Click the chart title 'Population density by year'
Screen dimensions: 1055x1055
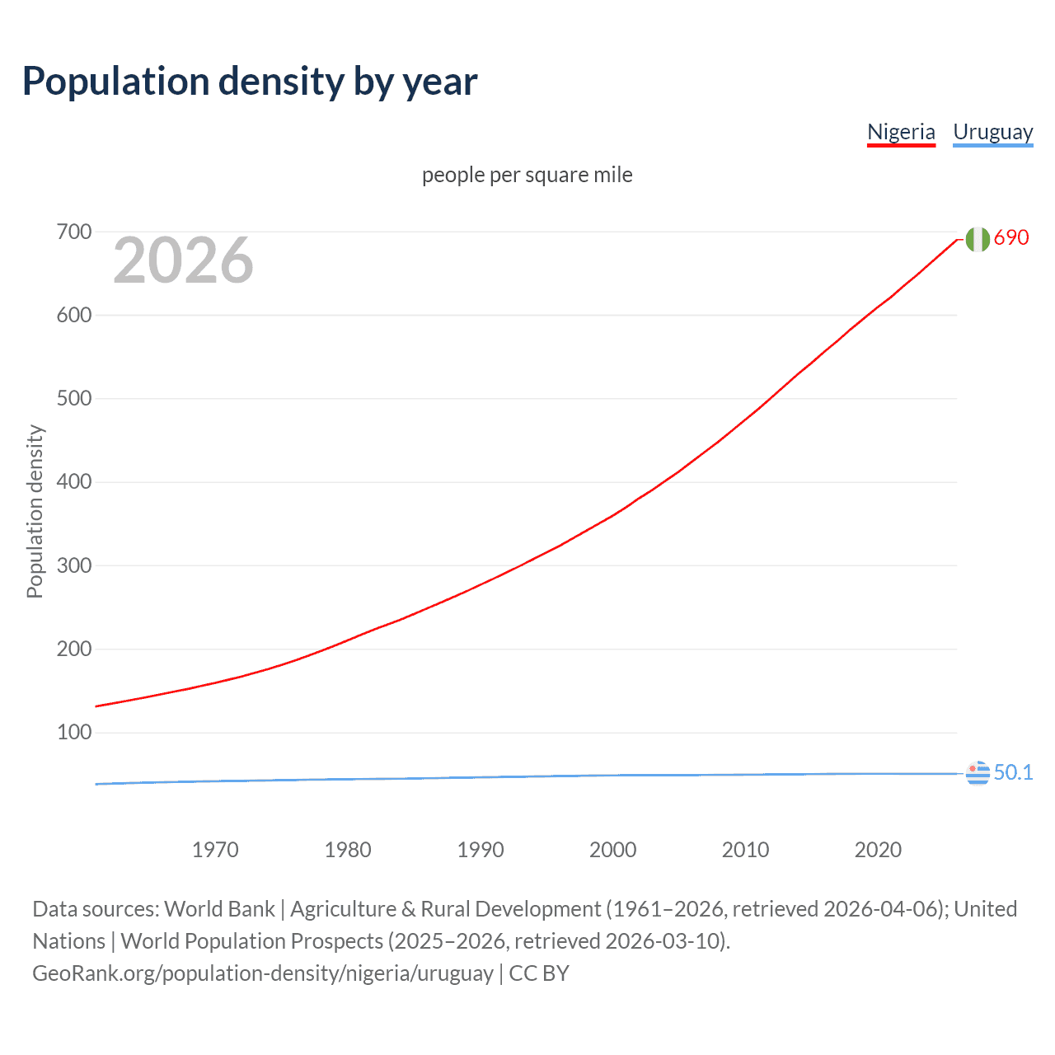(250, 82)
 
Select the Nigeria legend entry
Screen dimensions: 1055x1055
(901, 132)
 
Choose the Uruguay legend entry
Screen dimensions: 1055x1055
(992, 132)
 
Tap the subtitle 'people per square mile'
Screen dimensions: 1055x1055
(527, 175)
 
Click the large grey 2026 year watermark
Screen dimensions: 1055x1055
(183, 260)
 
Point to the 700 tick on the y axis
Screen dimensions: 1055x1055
(74, 232)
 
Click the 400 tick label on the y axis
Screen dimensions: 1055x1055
(74, 482)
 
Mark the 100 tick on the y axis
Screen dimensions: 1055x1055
(74, 732)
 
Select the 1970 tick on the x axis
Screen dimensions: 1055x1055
(215, 850)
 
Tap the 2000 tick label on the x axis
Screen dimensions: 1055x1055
(612, 850)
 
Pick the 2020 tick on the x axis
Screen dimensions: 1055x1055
(878, 850)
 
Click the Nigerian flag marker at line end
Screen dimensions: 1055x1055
(978, 239)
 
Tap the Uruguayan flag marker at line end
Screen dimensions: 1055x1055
(978, 774)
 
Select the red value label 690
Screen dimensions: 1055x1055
(1011, 237)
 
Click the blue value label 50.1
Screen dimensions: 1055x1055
(1013, 772)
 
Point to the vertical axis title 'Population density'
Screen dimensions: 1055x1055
(35, 511)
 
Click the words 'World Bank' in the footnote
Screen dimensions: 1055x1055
(219, 909)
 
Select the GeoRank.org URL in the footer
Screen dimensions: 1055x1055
(263, 973)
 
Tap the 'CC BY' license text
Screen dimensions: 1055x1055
(539, 973)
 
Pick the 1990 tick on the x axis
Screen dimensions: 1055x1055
(481, 850)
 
